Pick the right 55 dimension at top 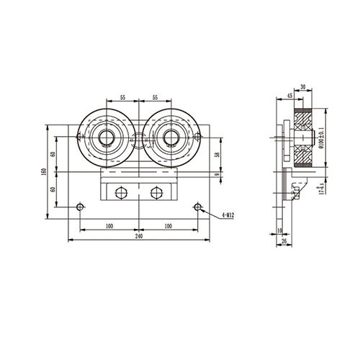pos(154,96)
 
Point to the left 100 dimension pos(108,226)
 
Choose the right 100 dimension pos(168,226)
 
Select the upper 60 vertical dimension pos(53,154)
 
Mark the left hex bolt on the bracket pos(120,192)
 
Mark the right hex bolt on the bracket pos(156,192)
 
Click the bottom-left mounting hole pos(79,208)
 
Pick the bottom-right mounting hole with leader pos(197,208)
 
